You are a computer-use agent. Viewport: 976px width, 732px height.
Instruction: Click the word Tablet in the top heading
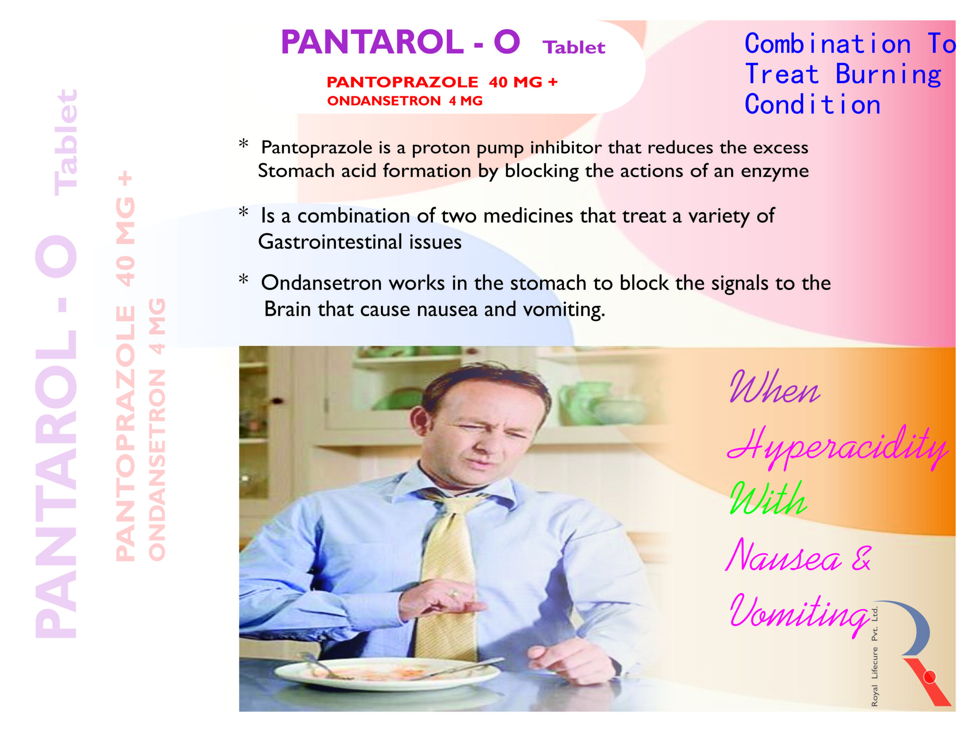574,48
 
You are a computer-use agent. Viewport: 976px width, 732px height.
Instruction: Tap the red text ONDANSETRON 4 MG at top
405,101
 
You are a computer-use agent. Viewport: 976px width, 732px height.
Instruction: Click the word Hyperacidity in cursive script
836,447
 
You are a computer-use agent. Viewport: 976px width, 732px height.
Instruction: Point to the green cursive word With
768,499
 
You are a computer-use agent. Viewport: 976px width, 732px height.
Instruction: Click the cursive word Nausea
783,557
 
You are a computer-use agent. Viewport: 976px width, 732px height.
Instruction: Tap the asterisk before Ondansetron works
243,280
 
